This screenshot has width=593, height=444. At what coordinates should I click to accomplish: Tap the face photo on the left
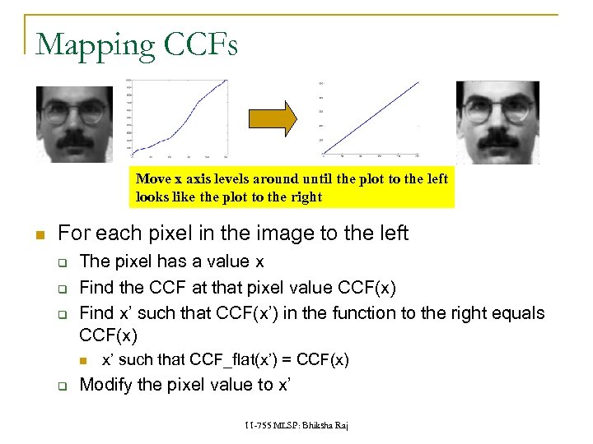pos(74,124)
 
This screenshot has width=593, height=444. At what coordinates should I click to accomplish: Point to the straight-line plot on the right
pos(371,119)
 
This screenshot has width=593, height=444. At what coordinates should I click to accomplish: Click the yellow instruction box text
pos(292,187)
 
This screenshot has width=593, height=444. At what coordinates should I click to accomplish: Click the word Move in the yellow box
pos(153,178)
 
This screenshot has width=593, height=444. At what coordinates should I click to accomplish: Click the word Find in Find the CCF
pos(96,289)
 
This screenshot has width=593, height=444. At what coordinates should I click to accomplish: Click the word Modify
pos(105,384)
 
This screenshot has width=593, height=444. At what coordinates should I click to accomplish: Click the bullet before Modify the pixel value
pos(62,385)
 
